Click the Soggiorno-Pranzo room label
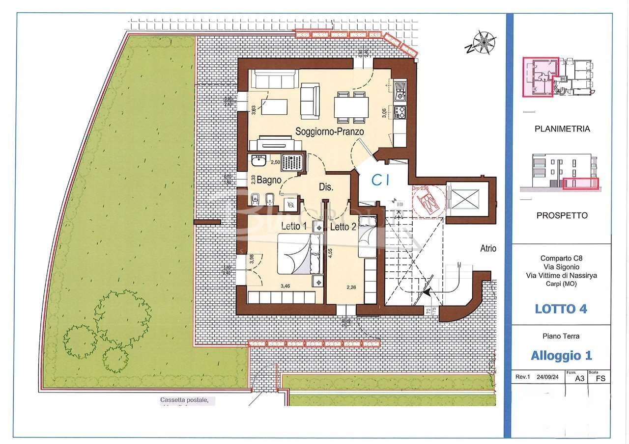(329, 131)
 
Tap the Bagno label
(269, 180)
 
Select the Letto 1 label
(294, 226)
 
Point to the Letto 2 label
(343, 227)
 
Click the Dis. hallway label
(326, 187)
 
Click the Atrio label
(488, 248)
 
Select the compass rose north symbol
(483, 43)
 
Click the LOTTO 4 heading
(561, 309)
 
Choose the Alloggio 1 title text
(561, 355)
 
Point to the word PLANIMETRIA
(562, 129)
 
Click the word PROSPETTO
(562, 215)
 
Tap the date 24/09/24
(547, 377)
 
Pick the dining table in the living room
(351, 107)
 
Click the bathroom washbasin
(258, 161)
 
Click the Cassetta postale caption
(188, 401)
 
